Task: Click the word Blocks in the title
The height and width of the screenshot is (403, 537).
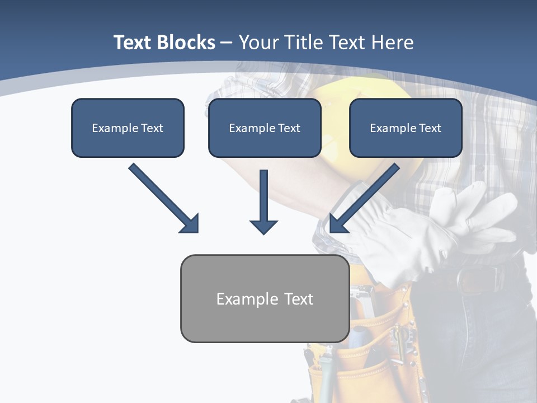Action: click(x=186, y=43)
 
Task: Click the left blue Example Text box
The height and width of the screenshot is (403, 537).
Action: click(x=128, y=128)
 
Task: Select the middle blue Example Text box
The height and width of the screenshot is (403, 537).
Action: click(x=265, y=128)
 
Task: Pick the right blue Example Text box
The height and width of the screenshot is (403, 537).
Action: click(x=406, y=128)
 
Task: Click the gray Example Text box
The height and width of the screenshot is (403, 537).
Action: click(x=265, y=299)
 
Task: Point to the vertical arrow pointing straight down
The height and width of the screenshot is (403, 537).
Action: click(x=263, y=201)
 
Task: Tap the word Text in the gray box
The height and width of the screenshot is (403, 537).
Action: click(x=299, y=299)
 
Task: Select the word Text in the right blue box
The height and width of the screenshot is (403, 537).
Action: click(x=430, y=128)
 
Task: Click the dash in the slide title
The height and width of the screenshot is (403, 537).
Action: click(x=227, y=43)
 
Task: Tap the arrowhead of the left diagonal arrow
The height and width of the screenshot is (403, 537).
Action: click(x=191, y=224)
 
